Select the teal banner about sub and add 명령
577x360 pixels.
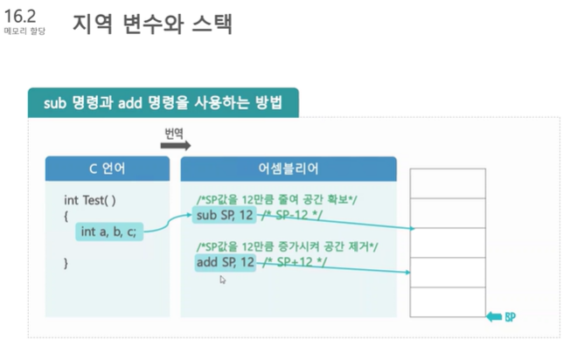[163, 103]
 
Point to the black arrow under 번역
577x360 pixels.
[175, 146]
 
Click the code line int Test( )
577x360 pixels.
[90, 200]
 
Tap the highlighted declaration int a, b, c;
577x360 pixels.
[108, 232]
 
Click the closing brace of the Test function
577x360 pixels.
[66, 262]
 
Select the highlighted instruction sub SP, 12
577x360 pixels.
[225, 215]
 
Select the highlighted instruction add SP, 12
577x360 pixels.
[225, 262]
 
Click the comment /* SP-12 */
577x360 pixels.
[297, 215]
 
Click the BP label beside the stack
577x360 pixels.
[510, 316]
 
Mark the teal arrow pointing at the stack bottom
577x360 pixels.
[495, 316]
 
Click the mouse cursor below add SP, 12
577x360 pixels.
[222, 280]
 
